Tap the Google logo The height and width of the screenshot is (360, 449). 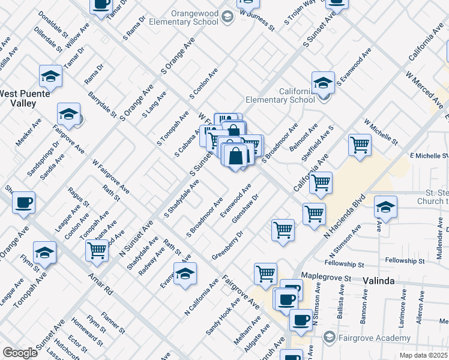click(19, 353)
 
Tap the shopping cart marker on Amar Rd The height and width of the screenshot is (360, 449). click(97, 252)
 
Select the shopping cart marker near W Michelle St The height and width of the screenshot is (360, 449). click(360, 145)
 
